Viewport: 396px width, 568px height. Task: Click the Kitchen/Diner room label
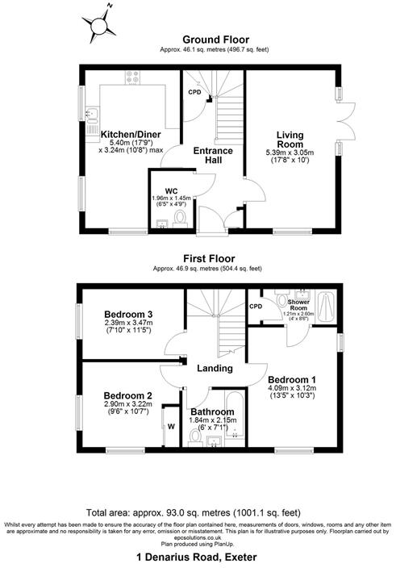point(131,134)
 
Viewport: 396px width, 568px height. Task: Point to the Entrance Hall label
point(213,156)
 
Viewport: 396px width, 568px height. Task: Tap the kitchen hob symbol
point(131,77)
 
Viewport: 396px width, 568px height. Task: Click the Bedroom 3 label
point(129,314)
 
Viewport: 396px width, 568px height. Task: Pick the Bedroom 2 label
point(127,395)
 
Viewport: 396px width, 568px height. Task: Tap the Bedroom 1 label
point(292,379)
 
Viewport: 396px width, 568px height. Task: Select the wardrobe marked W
point(171,427)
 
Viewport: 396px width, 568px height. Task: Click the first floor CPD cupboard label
point(256,306)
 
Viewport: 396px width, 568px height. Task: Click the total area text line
point(198,512)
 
